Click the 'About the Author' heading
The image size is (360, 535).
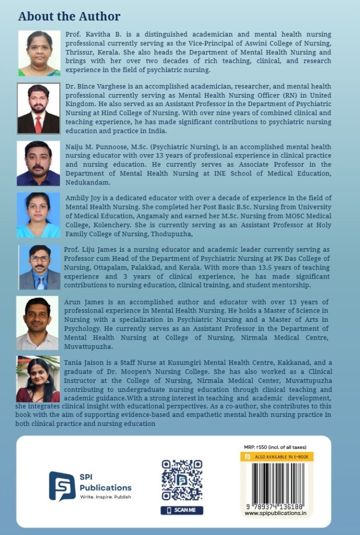(x=69, y=17)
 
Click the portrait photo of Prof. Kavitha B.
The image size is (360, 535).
(x=39, y=53)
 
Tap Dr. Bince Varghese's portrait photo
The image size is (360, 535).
(x=38, y=108)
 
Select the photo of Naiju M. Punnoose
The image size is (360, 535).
(x=38, y=163)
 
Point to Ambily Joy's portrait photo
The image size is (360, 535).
(x=38, y=215)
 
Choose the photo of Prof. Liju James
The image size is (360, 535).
(x=40, y=267)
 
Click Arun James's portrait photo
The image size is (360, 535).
(x=37, y=323)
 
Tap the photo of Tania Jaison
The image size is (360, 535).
(x=38, y=379)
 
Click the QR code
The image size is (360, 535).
(x=182, y=480)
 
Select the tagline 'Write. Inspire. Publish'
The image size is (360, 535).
(x=105, y=497)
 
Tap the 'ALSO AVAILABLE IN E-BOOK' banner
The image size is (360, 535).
(x=277, y=457)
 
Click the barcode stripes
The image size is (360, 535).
(x=276, y=481)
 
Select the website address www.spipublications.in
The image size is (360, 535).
(x=275, y=514)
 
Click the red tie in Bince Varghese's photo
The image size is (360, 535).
(x=38, y=124)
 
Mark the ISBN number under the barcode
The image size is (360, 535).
(x=275, y=506)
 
